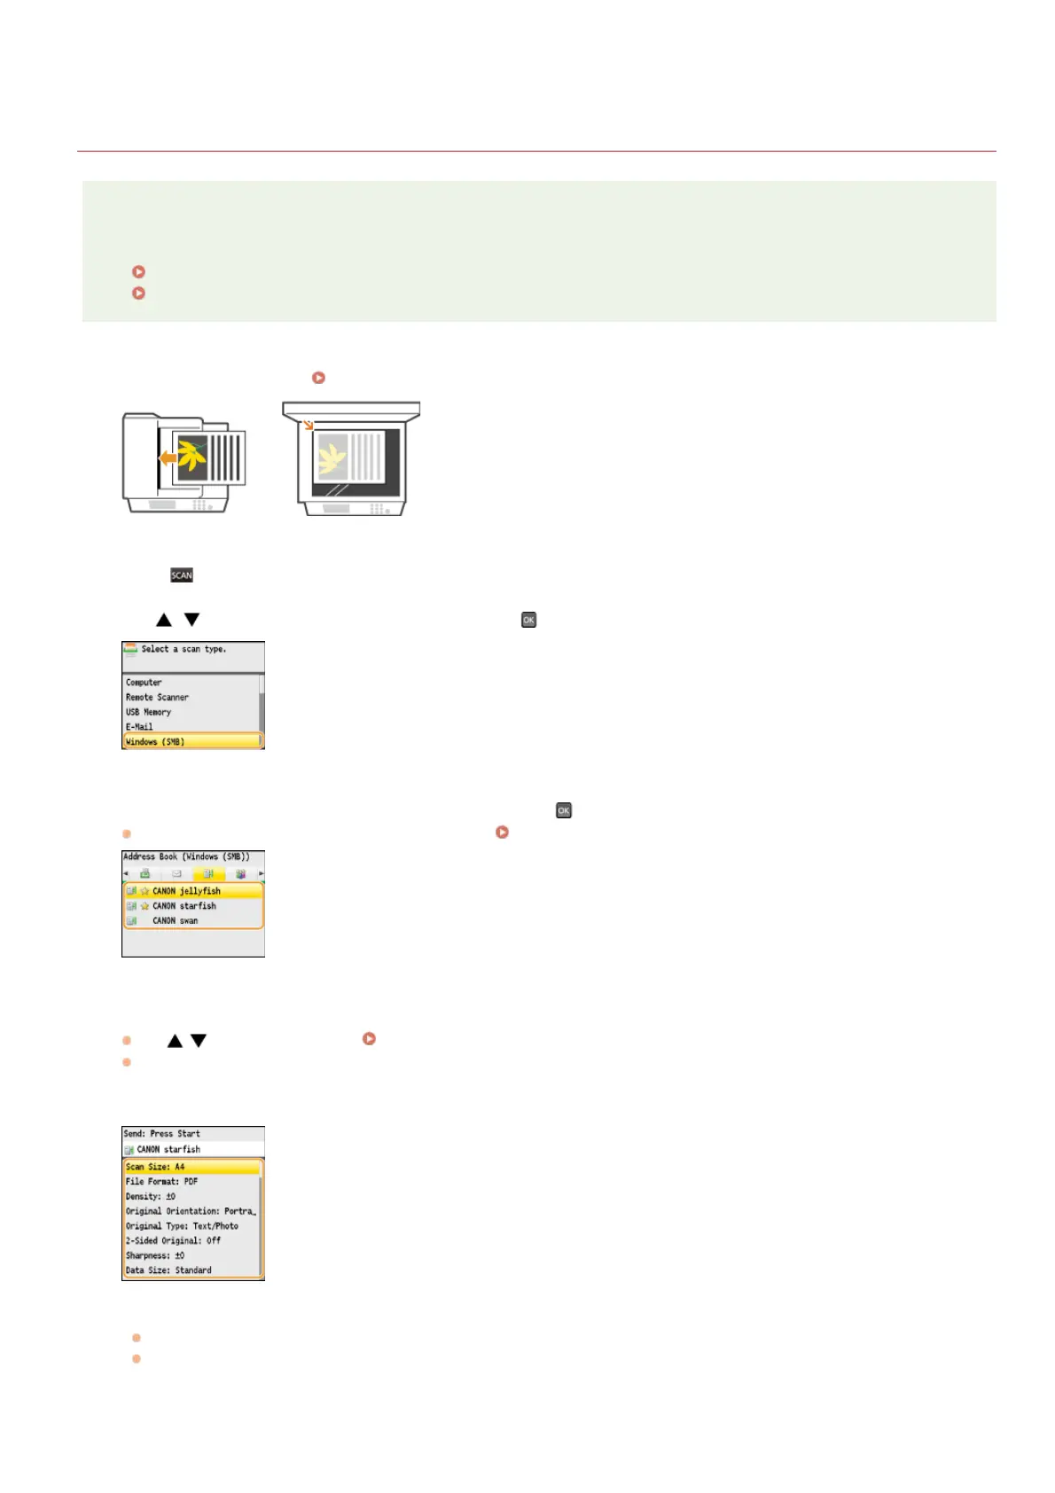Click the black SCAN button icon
pyautogui.click(x=182, y=575)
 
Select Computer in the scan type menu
pyautogui.click(x=144, y=683)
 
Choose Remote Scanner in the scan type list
pyautogui.click(x=157, y=698)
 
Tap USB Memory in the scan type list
pyautogui.click(x=148, y=712)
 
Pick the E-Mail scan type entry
pyautogui.click(x=139, y=727)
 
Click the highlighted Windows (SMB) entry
pyautogui.click(x=156, y=741)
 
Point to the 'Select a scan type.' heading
pyautogui.click(x=184, y=649)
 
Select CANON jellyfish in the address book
pyautogui.click(x=186, y=891)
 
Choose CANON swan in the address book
pyautogui.click(x=175, y=921)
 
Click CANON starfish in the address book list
pyautogui.click(x=184, y=906)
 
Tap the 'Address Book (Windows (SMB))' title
pyautogui.click(x=186, y=857)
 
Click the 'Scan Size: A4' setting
pyautogui.click(x=155, y=1167)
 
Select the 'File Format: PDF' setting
pyautogui.click(x=161, y=1182)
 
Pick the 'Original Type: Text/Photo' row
pyautogui.click(x=182, y=1226)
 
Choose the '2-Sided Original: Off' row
pyautogui.click(x=173, y=1241)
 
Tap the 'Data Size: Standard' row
pyautogui.click(x=168, y=1270)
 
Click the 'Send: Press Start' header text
pyautogui.click(x=161, y=1134)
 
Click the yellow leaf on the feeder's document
pyautogui.click(x=191, y=456)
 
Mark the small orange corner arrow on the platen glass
pyautogui.click(x=308, y=426)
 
